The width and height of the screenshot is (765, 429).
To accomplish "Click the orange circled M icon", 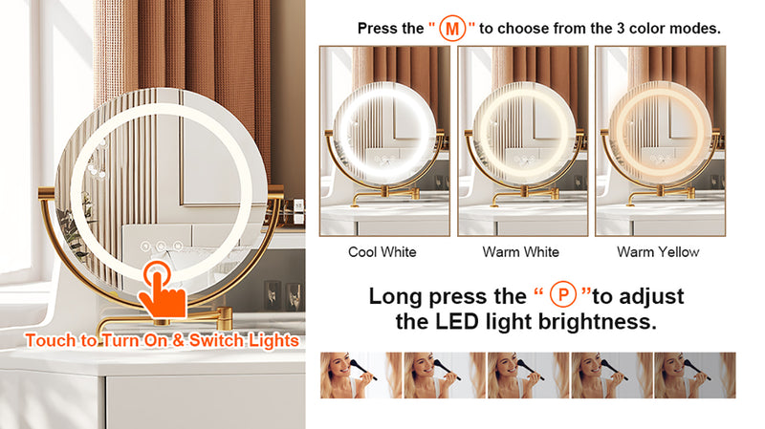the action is (x=451, y=29).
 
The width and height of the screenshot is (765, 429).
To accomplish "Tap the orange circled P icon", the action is (x=563, y=295).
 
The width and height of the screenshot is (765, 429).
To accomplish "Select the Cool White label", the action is (x=382, y=252).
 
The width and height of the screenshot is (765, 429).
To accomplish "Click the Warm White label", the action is (x=520, y=252).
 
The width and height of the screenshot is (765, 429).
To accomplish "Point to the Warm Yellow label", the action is (x=658, y=252).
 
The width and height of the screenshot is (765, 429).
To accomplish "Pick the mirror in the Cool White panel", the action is (x=384, y=133).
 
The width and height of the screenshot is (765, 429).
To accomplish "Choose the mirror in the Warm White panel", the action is (x=524, y=133).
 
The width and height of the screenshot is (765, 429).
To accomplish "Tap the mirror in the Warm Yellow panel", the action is (x=660, y=133).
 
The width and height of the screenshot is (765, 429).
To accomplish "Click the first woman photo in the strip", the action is (x=361, y=375).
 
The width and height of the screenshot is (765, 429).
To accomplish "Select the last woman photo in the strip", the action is (x=695, y=375).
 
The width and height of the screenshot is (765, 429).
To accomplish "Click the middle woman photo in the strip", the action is (x=528, y=375).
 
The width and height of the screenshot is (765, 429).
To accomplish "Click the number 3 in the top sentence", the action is (x=620, y=29).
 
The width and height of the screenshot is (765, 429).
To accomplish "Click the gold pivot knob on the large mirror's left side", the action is (x=47, y=194).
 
